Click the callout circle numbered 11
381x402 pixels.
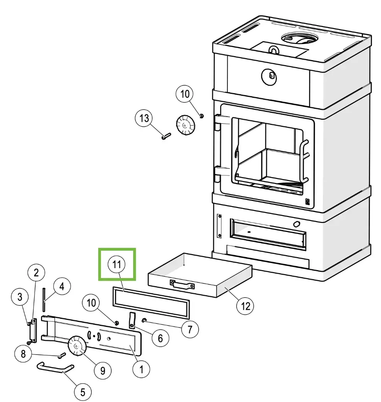coord(117,264)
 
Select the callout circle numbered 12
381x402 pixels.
coord(245,306)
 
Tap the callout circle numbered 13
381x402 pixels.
coord(144,119)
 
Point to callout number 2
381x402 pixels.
coord(36,272)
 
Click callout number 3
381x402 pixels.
coord(20,297)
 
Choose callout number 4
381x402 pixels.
coord(62,286)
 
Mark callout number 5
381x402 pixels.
coord(82,392)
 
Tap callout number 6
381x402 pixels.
coord(160,338)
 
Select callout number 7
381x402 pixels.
coord(190,329)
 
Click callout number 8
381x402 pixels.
coord(23,354)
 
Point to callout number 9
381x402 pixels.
coord(103,371)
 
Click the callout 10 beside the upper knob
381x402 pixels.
coord(185,94)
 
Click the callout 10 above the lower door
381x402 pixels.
coord(91,303)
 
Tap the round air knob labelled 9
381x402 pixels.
coord(77,345)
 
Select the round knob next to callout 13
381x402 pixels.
coord(185,125)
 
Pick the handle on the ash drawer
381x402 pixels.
coord(182,284)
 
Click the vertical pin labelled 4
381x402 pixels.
coord(44,300)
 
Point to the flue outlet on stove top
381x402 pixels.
coord(299,38)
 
